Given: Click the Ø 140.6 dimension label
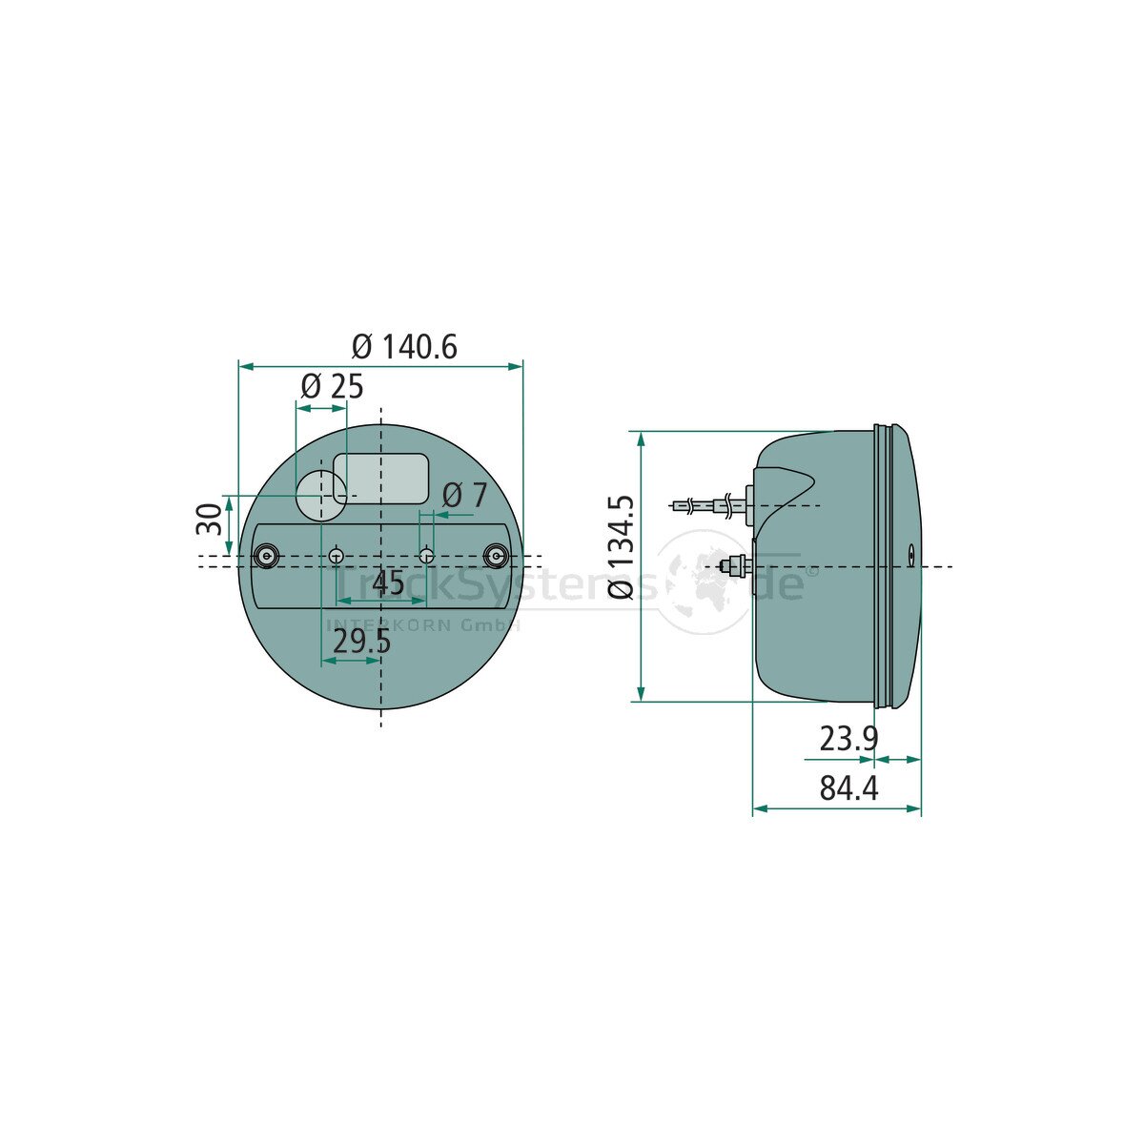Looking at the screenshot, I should pyautogui.click(x=404, y=347).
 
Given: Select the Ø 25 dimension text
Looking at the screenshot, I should pyautogui.click(x=332, y=386).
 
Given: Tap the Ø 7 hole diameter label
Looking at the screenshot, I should pyautogui.click(x=464, y=495).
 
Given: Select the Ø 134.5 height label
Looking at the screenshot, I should pyautogui.click(x=621, y=546).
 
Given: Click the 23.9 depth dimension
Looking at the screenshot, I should pyautogui.click(x=848, y=738).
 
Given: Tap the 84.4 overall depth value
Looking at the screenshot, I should pyautogui.click(x=848, y=788).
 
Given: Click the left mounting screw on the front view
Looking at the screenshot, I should pyautogui.click(x=266, y=556).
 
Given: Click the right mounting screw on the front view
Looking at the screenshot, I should pyautogui.click(x=496, y=556).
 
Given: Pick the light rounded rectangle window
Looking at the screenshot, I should pyautogui.click(x=386, y=477).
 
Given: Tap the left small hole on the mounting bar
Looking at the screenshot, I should pyautogui.click(x=336, y=556).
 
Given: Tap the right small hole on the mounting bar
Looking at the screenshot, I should pyautogui.click(x=427, y=556).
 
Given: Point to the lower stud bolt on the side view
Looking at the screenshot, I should pyautogui.click(x=734, y=567).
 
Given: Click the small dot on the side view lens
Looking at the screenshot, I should pyautogui.click(x=910, y=552).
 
